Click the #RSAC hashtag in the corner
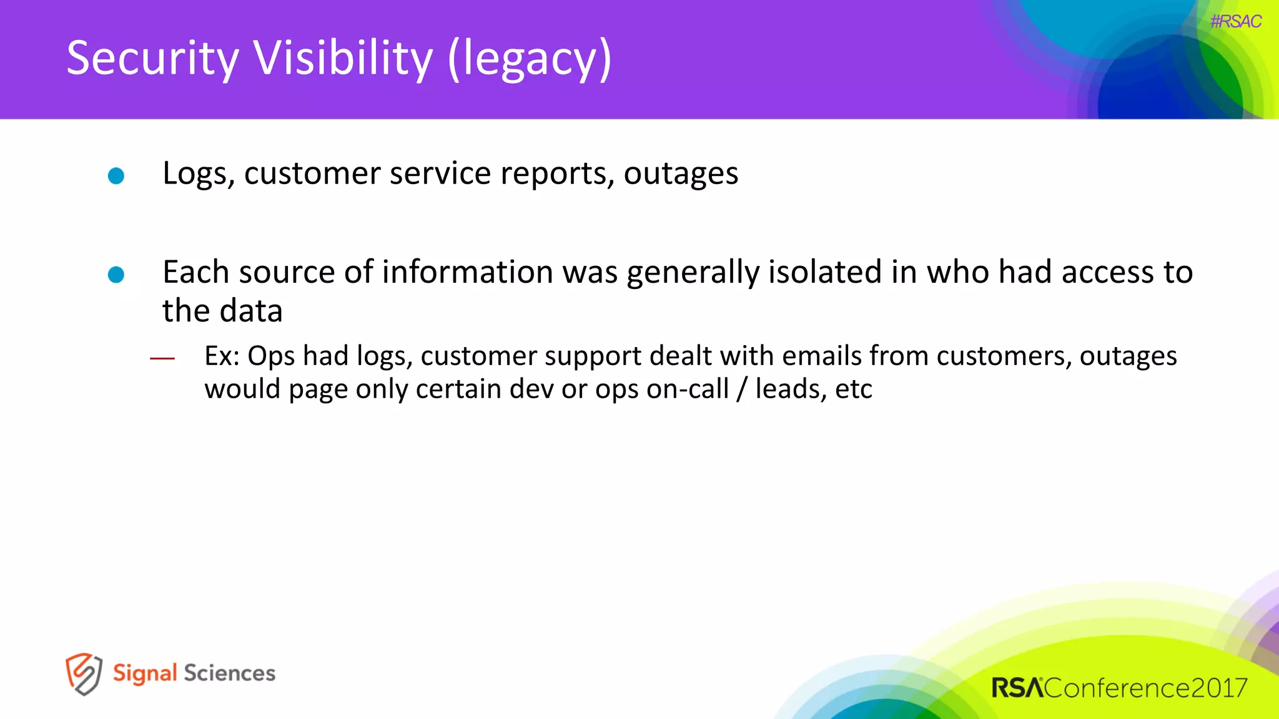[1235, 21]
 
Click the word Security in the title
[152, 58]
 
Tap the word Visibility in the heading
[343, 58]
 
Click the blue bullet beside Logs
[116, 176]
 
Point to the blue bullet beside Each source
[116, 275]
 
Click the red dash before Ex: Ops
[162, 358]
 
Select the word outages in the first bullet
[681, 174]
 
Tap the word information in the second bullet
[468, 272]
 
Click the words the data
[222, 311]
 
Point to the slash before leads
[742, 389]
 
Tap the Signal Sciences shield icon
[84, 673]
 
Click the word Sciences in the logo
[229, 673]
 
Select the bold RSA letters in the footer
[1017, 688]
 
